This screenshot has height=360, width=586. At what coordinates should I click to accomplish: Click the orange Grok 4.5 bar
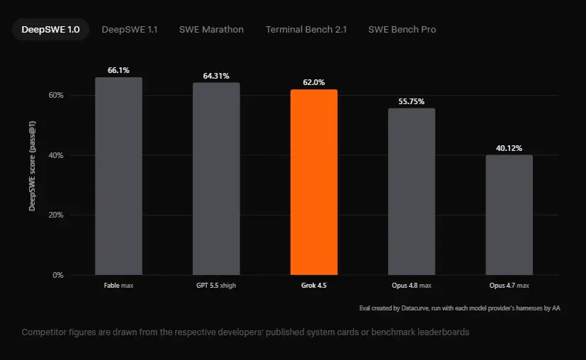pos(314,182)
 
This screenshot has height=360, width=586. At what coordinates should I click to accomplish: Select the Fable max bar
pos(118,176)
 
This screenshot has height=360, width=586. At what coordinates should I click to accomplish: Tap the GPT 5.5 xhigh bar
pos(216,179)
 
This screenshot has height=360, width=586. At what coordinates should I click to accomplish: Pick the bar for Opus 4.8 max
pos(412,191)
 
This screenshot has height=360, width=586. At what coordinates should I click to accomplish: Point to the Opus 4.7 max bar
pos(509,215)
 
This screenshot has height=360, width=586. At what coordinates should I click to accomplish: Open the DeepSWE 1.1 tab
pos(130,30)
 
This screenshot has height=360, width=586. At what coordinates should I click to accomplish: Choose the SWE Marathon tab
pos(211,30)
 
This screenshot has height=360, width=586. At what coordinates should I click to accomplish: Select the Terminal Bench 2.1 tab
pos(306,30)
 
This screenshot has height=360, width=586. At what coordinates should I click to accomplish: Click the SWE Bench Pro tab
pos(402,30)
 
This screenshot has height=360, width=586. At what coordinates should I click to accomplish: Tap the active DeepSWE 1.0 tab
pos(50,30)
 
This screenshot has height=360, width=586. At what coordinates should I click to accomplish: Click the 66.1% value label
pos(118,70)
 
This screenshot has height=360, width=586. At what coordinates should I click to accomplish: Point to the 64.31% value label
pos(216,76)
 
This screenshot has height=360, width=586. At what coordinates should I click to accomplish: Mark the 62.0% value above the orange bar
pos(314,82)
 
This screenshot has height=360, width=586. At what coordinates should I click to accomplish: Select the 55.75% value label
pos(412,101)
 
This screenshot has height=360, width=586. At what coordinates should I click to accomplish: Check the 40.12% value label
pos(509,148)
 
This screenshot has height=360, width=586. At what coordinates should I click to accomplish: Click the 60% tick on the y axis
pos(56,96)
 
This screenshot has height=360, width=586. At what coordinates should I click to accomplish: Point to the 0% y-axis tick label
pos(58,275)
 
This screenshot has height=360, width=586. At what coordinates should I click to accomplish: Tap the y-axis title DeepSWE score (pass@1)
pos(32,166)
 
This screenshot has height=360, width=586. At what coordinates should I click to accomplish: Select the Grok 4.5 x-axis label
pos(314,285)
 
